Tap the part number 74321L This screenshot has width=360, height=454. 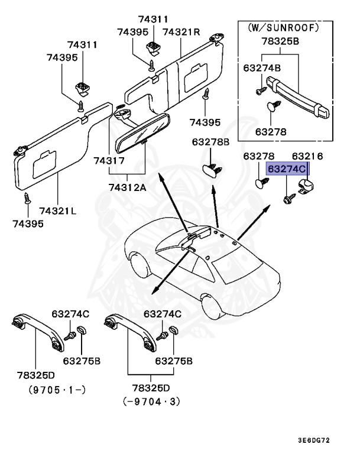[x=60, y=210]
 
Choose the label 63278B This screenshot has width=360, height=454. [x=210, y=142]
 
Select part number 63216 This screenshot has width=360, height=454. [x=307, y=156]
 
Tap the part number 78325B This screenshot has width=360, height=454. [x=280, y=42]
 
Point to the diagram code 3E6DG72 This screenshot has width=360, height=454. [x=330, y=440]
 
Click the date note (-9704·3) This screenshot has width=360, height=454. [x=151, y=401]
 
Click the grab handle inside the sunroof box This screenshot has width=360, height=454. [x=301, y=97]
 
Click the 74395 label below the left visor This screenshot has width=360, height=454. [x=27, y=224]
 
